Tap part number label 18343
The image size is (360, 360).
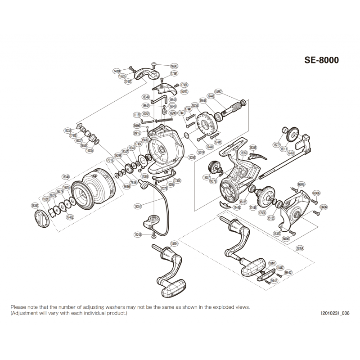tap(35, 205)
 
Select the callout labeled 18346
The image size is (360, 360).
tap(66, 177)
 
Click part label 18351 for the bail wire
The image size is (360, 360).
tap(138, 206)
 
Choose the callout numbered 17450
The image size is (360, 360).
tap(291, 153)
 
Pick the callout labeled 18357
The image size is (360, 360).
tap(207, 178)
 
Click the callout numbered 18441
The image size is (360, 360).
tap(272, 262)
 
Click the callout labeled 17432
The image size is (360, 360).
tap(70, 217)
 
